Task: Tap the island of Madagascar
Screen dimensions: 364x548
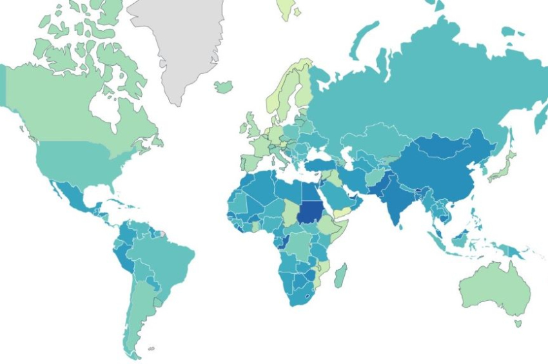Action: click(340, 275)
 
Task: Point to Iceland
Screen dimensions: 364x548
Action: click(223, 86)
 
